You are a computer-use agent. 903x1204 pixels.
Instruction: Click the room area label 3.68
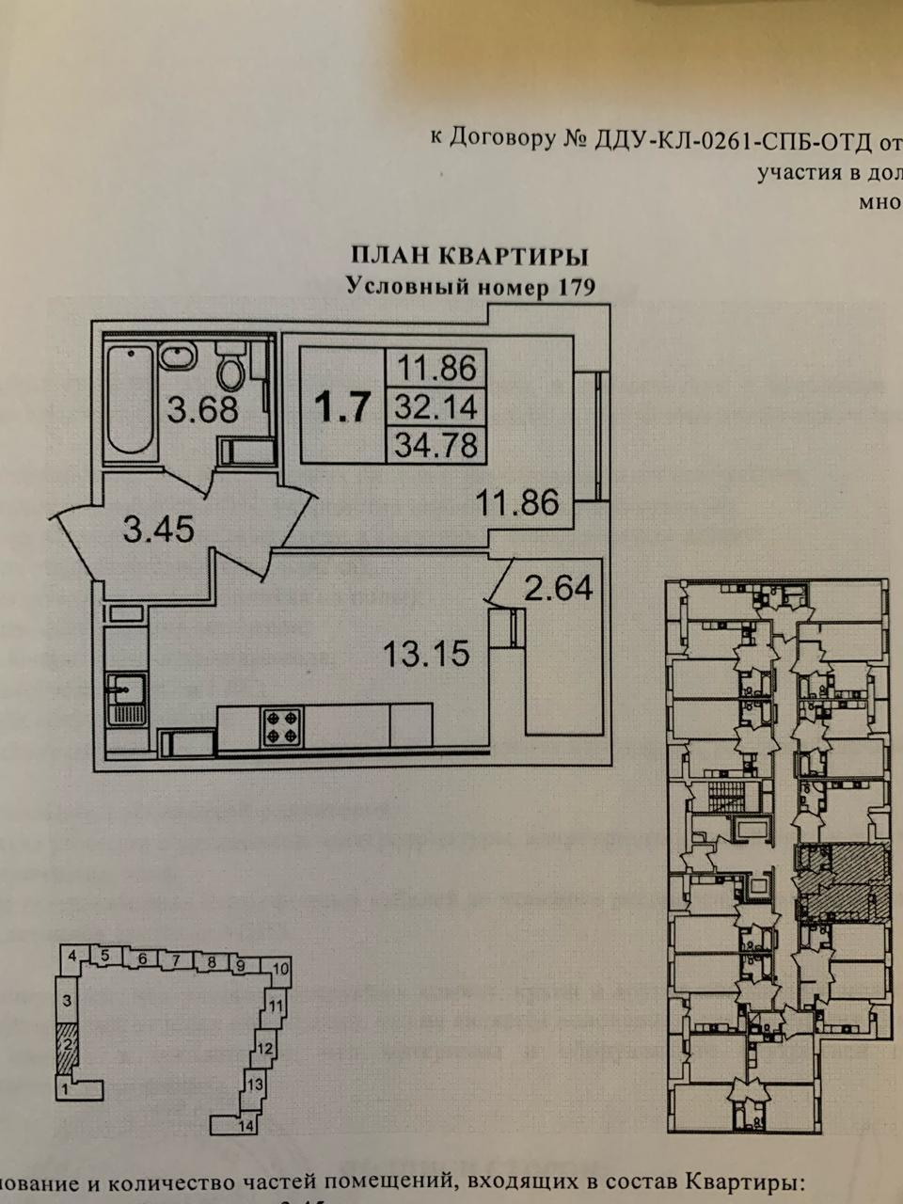coord(201,410)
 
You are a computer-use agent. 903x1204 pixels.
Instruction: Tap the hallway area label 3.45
coord(158,530)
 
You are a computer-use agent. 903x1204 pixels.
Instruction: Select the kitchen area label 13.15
coord(426,652)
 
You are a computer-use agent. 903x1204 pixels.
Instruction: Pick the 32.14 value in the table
coord(436,407)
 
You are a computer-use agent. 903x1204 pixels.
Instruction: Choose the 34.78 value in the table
coord(436,442)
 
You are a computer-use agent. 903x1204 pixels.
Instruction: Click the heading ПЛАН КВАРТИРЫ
coord(469,255)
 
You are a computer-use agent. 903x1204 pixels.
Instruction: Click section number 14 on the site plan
coord(246,1125)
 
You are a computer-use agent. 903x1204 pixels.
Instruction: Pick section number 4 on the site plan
coord(71,957)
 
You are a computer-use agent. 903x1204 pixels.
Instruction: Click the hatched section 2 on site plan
coord(66,1047)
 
